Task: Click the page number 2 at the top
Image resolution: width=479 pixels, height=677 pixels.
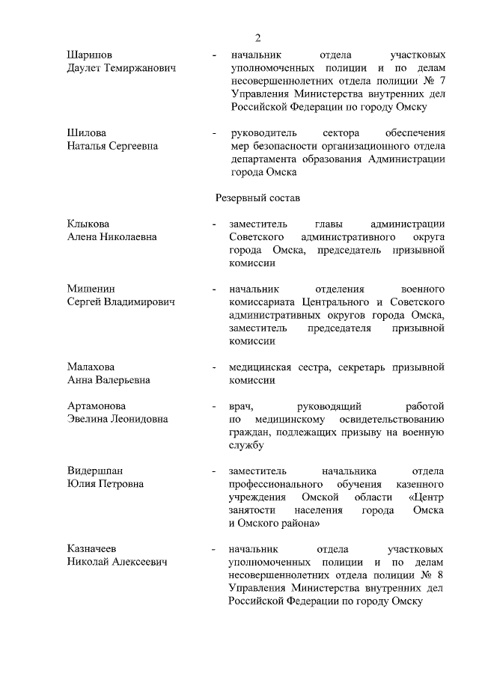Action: (x=258, y=38)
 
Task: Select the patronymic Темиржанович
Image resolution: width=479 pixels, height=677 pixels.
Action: (x=138, y=68)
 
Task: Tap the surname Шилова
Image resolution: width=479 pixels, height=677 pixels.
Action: (x=87, y=133)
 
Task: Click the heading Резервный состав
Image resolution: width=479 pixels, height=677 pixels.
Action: (x=257, y=198)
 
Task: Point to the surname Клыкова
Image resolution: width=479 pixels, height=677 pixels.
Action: (x=88, y=224)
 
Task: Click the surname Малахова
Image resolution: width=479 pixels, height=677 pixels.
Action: (x=91, y=367)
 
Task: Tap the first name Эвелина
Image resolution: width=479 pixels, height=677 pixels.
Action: (x=89, y=419)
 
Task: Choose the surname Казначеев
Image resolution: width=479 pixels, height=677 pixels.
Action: (x=93, y=548)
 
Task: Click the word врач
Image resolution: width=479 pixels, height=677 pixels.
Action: (x=241, y=406)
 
